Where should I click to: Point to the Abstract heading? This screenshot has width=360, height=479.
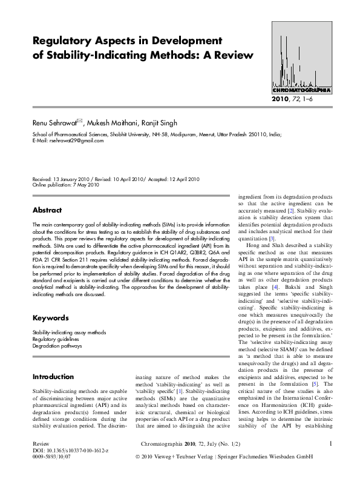47,210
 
